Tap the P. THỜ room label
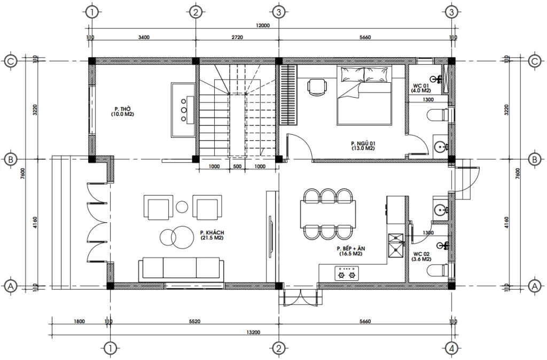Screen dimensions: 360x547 [122, 111]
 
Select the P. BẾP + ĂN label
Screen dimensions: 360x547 [350, 252]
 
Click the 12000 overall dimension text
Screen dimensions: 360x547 [263, 25]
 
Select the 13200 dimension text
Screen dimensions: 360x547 [253, 332]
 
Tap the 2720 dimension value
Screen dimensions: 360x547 [237, 37]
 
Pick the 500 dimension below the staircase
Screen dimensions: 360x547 [237, 167]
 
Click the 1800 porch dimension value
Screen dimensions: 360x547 [79, 322]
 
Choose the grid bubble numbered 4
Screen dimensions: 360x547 [452, 349]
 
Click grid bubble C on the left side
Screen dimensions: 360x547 [10, 61]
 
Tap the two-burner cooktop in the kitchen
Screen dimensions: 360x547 [345, 275]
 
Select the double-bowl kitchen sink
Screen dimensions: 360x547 [396, 244]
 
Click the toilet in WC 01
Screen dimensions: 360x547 [439, 115]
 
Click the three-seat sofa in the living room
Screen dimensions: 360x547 [181, 268]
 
